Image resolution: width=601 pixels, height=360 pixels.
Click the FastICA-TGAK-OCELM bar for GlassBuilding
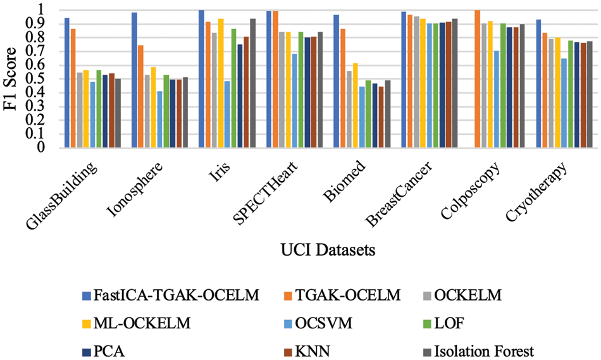point(67,83)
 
